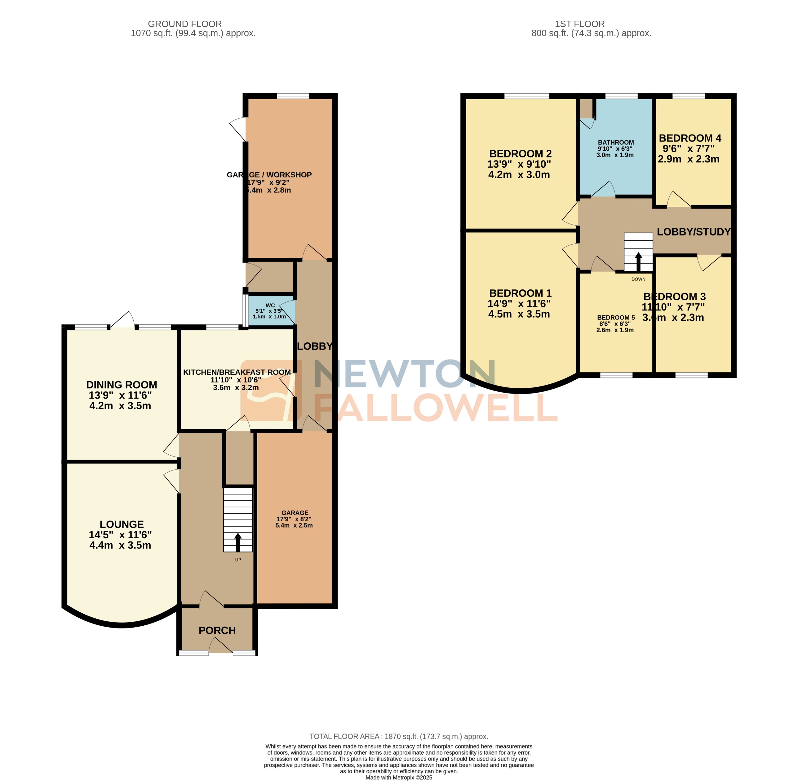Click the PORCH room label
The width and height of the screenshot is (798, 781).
(x=217, y=630)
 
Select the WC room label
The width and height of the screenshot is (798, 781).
(x=270, y=305)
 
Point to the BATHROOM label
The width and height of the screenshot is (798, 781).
(x=615, y=142)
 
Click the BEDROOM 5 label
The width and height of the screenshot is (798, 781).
(x=615, y=317)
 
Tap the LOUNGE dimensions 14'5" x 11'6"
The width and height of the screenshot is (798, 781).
(x=120, y=535)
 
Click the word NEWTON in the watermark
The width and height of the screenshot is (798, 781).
(x=404, y=374)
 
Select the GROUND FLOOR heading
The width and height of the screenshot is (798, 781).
(x=185, y=24)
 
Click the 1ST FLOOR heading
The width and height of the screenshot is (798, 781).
(x=579, y=24)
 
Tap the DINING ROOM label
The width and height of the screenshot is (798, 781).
(x=122, y=385)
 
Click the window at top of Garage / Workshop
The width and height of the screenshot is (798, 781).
(x=293, y=96)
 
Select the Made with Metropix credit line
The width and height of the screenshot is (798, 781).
(x=398, y=777)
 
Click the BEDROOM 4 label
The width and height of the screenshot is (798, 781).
(x=690, y=138)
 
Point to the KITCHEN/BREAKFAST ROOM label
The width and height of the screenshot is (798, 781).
(x=237, y=372)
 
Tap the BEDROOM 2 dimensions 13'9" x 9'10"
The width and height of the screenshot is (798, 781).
(x=519, y=164)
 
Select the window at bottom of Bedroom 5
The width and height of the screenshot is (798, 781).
(x=616, y=374)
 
